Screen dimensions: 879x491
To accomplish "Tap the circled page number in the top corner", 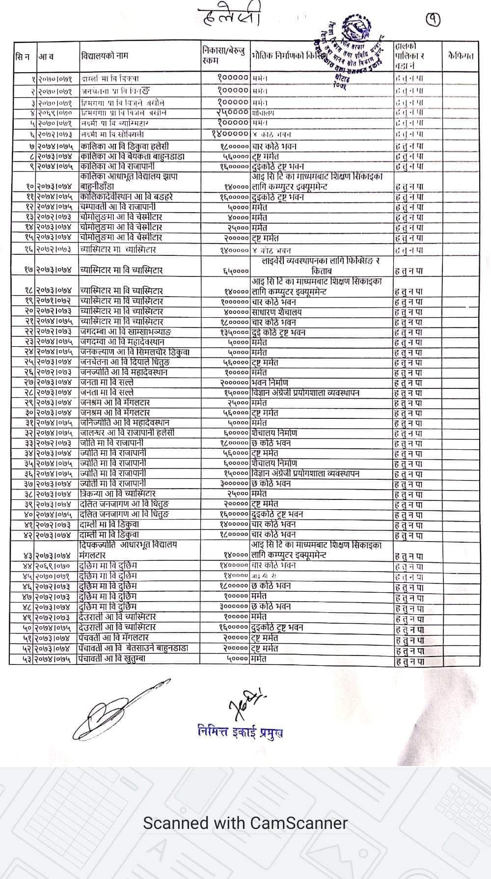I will click(x=433, y=19).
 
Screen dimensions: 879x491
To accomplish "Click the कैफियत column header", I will click(x=461, y=55).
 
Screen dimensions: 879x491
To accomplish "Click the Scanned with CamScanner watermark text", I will click(x=245, y=823).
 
